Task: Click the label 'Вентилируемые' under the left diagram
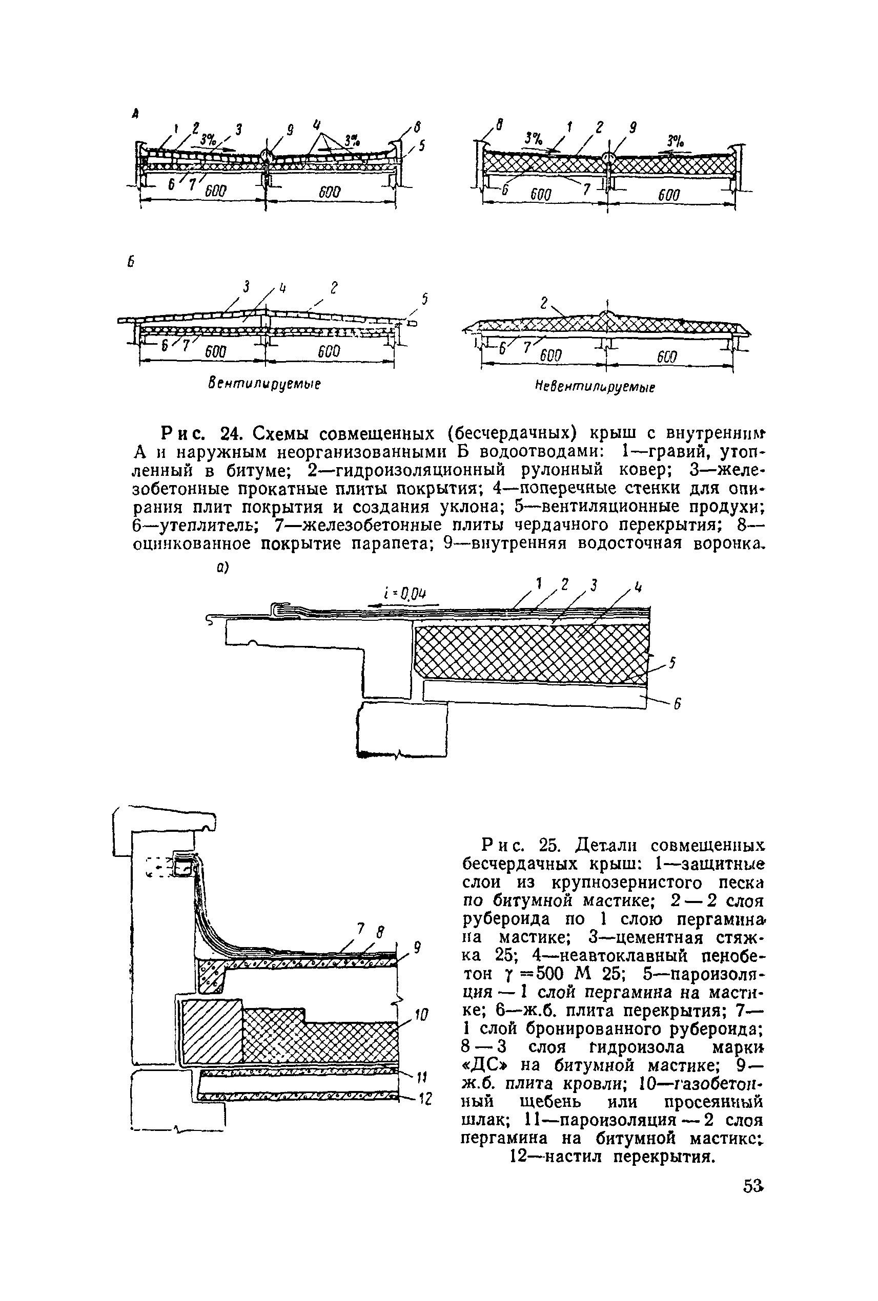264,384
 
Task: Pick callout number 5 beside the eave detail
672,663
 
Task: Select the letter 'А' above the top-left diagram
135,114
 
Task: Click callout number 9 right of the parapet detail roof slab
417,947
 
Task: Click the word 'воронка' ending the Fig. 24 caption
726,544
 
